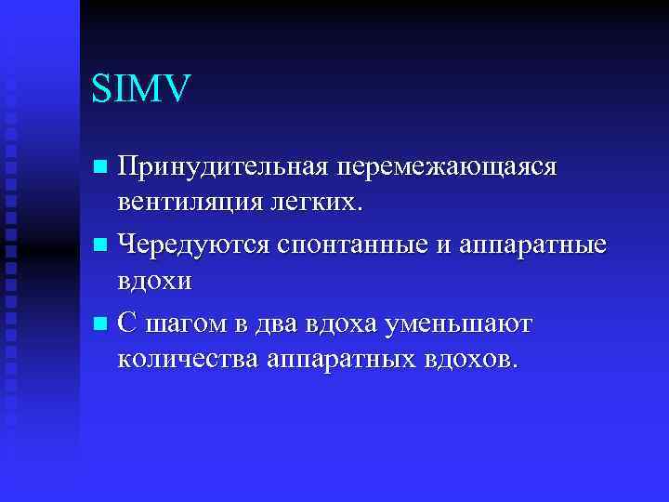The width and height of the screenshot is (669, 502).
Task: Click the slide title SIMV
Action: pyautogui.click(x=141, y=89)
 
